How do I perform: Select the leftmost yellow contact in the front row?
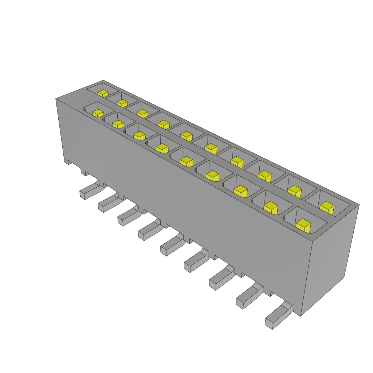click(x=98, y=113)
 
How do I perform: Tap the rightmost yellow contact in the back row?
click(x=327, y=208)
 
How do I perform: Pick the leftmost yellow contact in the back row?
click(x=103, y=93)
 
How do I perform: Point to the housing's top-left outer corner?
click(x=56, y=98)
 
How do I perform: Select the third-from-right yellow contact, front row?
click(x=240, y=191)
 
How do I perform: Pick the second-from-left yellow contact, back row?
click(x=122, y=103)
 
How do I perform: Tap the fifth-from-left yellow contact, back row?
click(x=186, y=136)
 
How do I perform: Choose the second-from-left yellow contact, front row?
click(x=118, y=124)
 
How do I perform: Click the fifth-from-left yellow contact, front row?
click(x=186, y=161)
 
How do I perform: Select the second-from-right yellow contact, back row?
click(x=295, y=192)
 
